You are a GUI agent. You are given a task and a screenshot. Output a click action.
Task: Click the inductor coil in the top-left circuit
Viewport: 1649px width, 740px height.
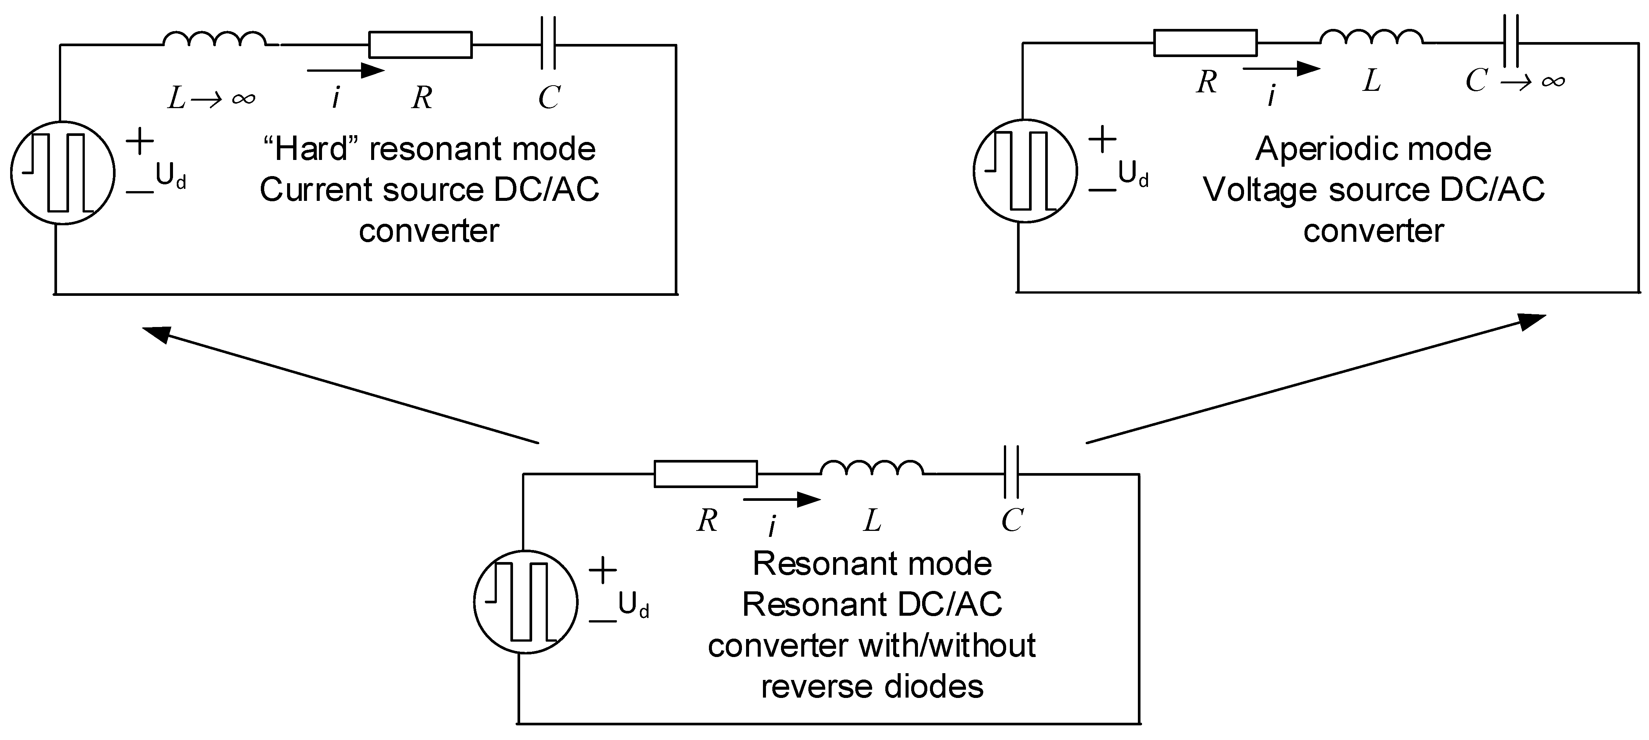214,40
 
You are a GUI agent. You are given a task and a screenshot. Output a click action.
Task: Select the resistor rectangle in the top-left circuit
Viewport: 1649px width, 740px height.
421,45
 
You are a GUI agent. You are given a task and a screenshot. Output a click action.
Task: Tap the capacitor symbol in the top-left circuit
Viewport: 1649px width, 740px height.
548,44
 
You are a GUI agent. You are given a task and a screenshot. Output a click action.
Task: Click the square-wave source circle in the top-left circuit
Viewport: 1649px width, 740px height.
63,173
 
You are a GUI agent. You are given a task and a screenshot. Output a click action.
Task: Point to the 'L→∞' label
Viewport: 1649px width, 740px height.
211,98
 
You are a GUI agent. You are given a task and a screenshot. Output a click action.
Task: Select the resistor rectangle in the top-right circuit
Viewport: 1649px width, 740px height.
1205,43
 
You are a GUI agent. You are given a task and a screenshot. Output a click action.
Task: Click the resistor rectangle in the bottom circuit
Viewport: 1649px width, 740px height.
706,474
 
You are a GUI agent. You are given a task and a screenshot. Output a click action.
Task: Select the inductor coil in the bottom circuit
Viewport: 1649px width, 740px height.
872,469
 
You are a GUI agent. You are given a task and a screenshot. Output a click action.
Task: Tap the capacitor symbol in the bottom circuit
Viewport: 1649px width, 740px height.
1011,472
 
